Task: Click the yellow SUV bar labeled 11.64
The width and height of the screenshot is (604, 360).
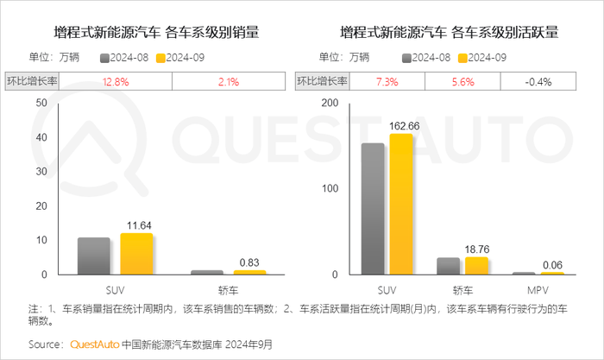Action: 136,254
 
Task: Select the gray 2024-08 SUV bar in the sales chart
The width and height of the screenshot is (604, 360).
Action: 94,256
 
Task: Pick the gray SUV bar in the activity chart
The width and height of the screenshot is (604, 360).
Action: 373,209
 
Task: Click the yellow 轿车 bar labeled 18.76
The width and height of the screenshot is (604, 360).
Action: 476,266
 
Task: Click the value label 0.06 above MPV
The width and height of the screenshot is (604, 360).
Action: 552,264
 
